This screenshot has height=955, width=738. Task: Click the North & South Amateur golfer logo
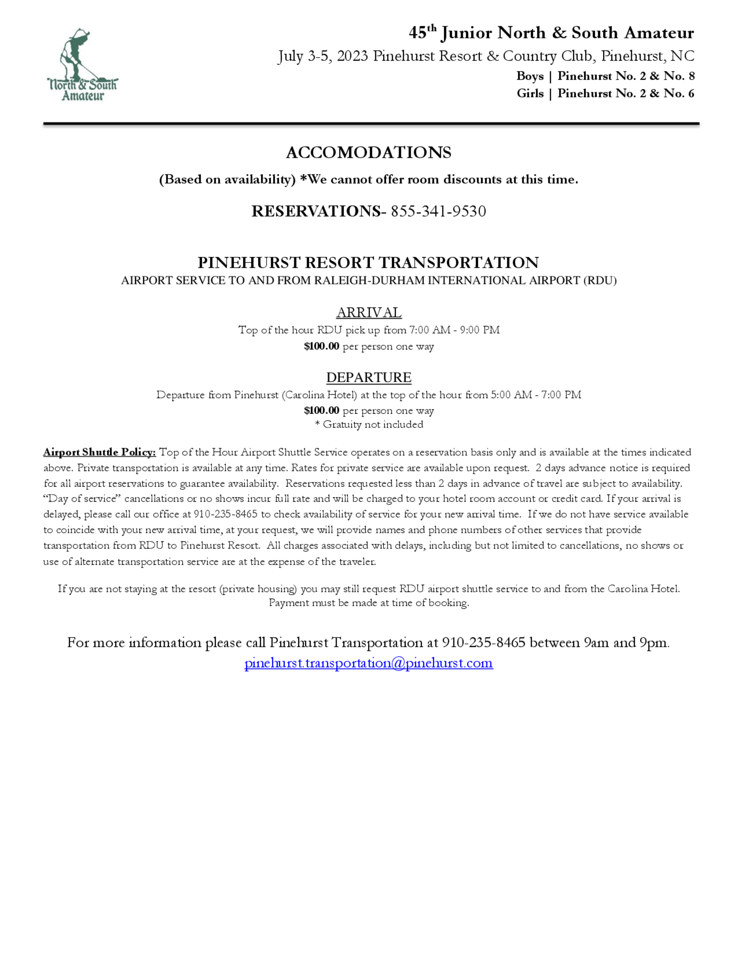pos(82,65)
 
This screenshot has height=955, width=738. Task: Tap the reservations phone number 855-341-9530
pos(438,211)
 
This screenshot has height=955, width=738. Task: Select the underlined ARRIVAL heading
pos(369,313)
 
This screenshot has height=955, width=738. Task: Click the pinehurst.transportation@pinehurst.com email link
pos(369,663)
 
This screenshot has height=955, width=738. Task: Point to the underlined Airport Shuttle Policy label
pos(99,452)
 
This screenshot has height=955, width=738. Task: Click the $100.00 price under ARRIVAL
pos(321,347)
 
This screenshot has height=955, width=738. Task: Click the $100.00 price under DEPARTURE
pos(321,411)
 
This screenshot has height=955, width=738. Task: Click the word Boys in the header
pos(530,76)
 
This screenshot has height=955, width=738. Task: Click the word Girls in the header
pos(530,94)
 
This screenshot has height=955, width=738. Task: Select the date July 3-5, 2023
pos(323,56)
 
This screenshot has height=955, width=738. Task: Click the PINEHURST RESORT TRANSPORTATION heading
pos(368,263)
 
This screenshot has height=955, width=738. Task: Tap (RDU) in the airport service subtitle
pos(600,281)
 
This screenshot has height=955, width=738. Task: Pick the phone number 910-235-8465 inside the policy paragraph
pos(225,514)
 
